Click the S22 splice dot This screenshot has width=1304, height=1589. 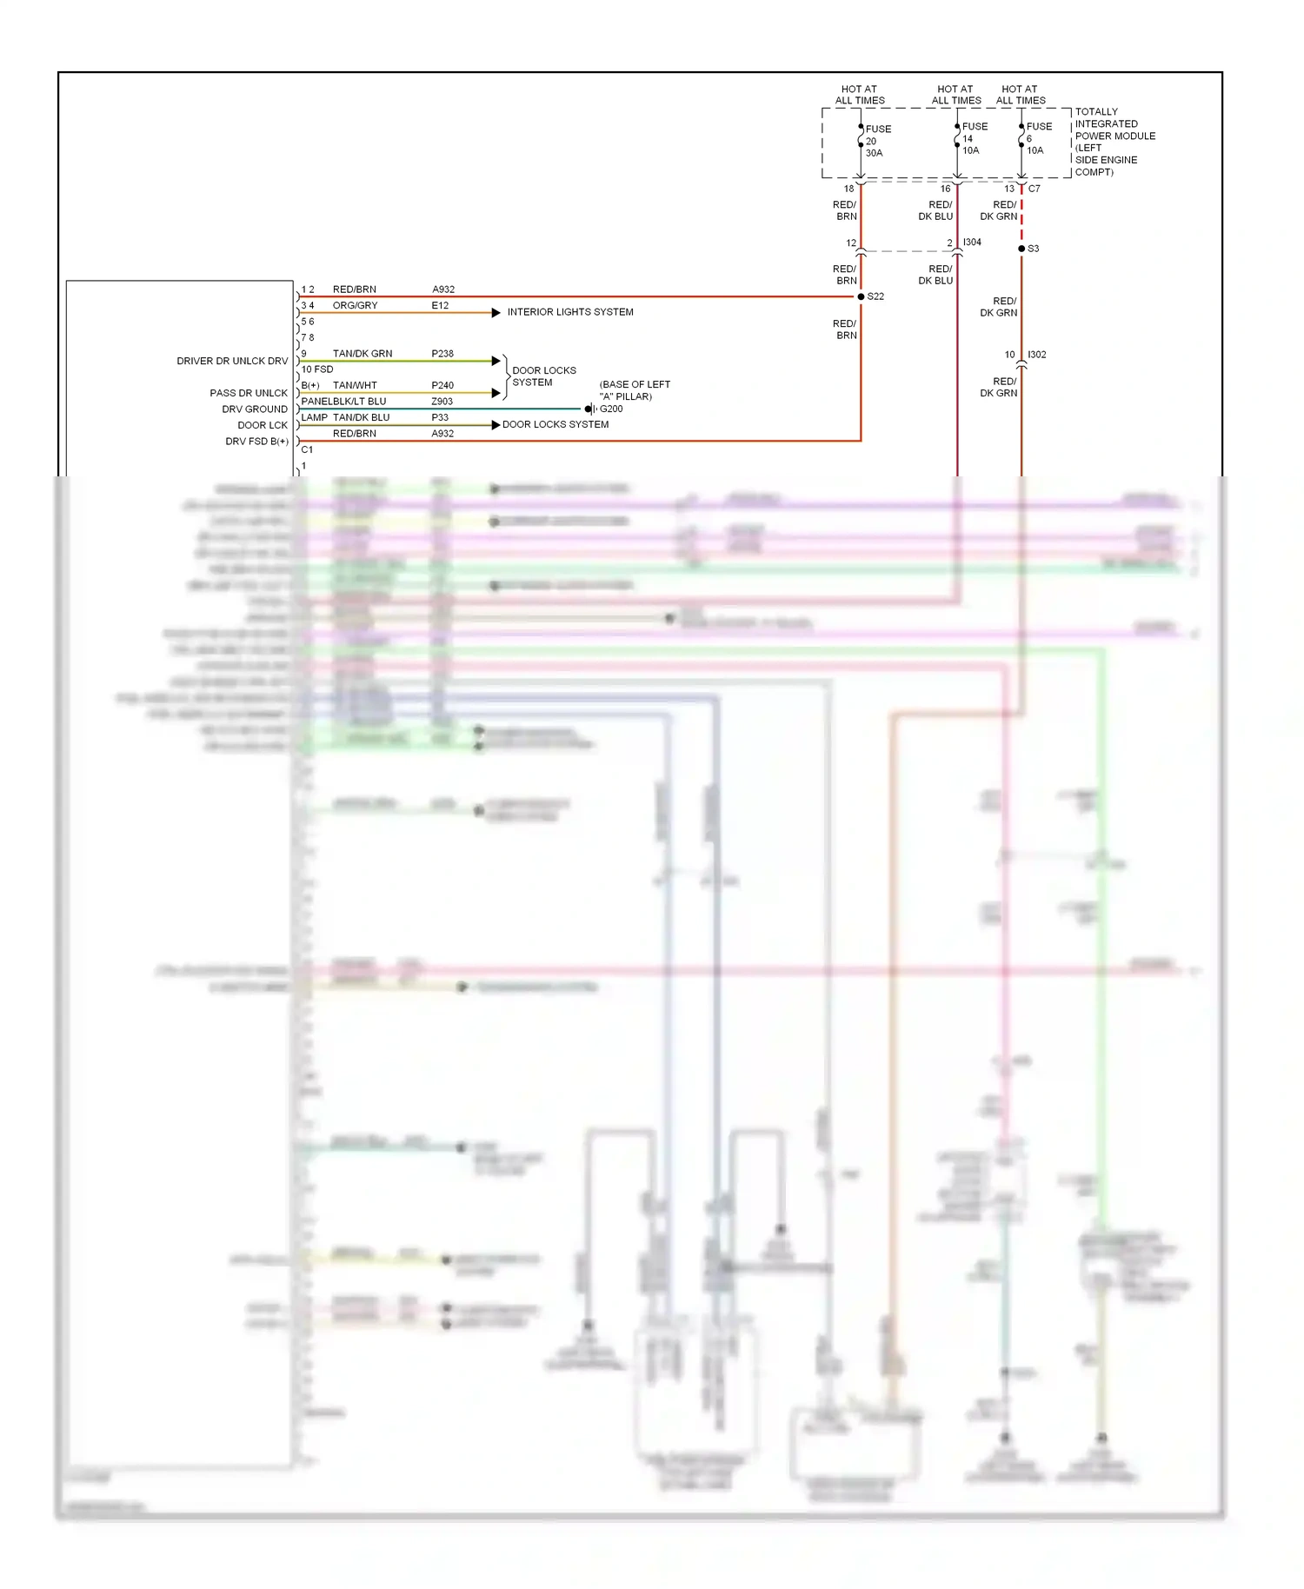861,296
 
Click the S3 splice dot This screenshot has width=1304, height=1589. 1021,249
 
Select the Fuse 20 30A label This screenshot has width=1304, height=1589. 877,141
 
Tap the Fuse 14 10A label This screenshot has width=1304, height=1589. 974,138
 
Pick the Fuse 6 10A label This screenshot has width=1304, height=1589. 1038,138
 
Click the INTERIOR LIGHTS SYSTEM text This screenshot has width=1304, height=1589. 570,312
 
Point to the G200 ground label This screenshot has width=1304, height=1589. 611,409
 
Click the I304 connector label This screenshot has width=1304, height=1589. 972,243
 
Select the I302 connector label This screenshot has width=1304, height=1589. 1036,355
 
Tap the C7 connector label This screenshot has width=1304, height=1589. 1035,189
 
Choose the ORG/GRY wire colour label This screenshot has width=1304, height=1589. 355,306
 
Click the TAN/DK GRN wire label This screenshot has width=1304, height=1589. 363,354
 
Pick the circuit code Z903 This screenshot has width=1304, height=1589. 442,402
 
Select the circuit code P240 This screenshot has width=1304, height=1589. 442,385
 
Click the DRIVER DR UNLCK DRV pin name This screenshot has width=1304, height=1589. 232,361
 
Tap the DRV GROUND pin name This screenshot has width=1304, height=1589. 255,409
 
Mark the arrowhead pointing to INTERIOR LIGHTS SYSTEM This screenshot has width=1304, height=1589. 496,313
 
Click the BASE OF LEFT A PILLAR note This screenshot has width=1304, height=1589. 634,390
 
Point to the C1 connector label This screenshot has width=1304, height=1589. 307,449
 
